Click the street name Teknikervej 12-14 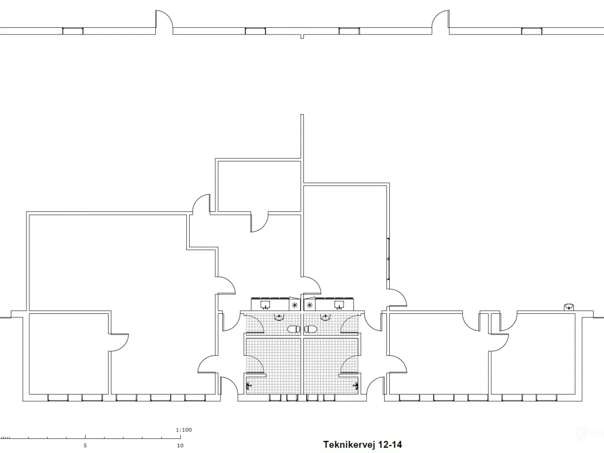362,445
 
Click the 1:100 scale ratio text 184,429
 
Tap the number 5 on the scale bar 85,445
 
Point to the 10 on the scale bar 180,445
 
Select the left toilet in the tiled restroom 294,329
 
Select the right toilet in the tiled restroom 310,329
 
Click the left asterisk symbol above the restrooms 295,305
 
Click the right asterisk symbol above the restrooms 310,305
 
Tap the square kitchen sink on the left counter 265,305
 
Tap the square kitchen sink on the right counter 339,305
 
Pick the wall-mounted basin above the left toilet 279,318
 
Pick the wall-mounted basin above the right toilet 326,318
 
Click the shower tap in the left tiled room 249,386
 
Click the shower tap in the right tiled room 356,386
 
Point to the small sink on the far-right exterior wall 569,307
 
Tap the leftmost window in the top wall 73,31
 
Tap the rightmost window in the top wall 532,31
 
